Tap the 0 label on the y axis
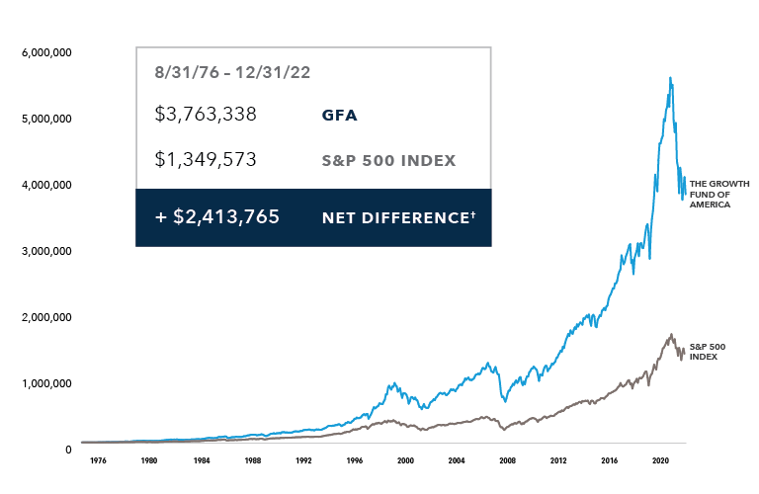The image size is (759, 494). [68, 450]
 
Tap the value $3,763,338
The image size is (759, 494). [206, 115]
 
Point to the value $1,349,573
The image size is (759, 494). [206, 160]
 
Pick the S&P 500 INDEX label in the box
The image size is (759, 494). [388, 161]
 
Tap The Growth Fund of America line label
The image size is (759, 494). [718, 193]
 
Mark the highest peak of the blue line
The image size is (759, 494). [671, 77]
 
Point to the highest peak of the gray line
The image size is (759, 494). [672, 334]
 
